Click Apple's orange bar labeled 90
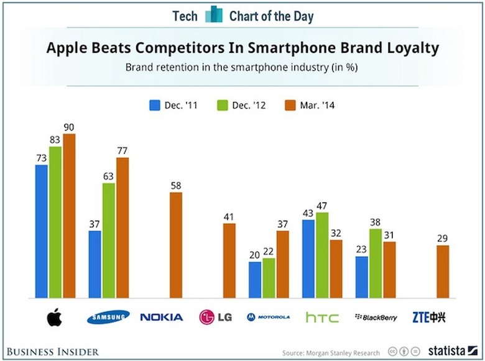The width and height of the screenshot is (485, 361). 69,216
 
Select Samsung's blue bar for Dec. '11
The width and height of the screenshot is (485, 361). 95,265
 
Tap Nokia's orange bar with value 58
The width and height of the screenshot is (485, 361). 176,245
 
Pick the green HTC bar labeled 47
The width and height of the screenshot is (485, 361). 323,255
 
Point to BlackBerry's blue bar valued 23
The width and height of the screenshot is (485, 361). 362,277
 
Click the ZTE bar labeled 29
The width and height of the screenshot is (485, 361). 443,272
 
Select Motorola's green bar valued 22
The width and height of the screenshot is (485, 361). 269,278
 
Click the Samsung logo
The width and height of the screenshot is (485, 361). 109,318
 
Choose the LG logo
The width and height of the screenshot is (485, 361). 215,318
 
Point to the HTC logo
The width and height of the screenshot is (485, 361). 322,318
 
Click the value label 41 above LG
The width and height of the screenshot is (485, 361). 229,217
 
